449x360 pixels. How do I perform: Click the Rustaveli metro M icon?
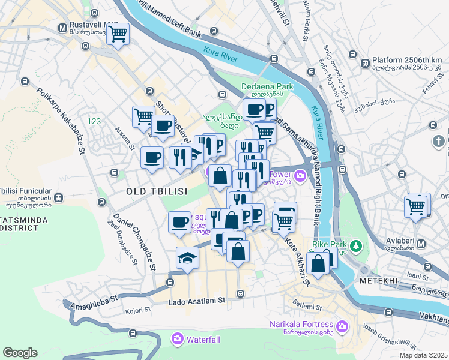pos(62,28)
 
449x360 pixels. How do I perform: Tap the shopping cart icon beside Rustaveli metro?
pos(118,34)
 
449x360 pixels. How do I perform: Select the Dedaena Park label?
pos(267,86)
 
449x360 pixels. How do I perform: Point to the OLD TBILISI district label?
pos(157,191)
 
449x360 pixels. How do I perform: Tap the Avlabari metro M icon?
pos(421,244)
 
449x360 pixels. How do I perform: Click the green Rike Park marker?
pos(356,246)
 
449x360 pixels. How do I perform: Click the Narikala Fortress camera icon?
pos(342,326)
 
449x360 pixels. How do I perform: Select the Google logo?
pos(20,352)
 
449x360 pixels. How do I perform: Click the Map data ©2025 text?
pos(423,355)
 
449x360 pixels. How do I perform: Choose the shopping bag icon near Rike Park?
pos(317,263)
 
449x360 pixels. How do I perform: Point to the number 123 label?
pos(94,121)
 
